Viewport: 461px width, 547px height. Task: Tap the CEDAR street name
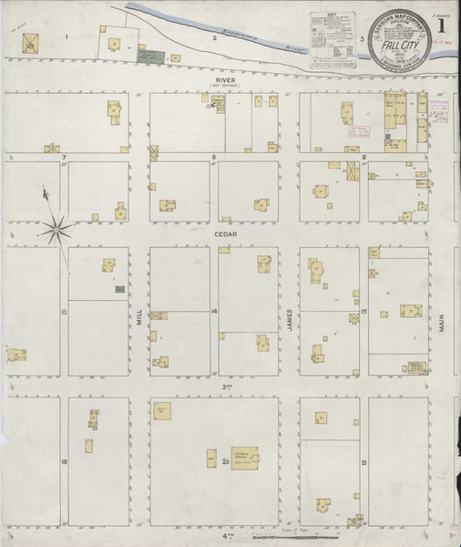[225, 233]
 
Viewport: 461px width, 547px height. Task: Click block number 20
[225, 462]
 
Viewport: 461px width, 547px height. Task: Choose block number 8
[214, 158]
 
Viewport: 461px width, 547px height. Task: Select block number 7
[64, 158]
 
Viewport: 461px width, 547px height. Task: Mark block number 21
[364, 463]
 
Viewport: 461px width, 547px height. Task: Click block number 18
[64, 462]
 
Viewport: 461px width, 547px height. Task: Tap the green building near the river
[150, 55]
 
